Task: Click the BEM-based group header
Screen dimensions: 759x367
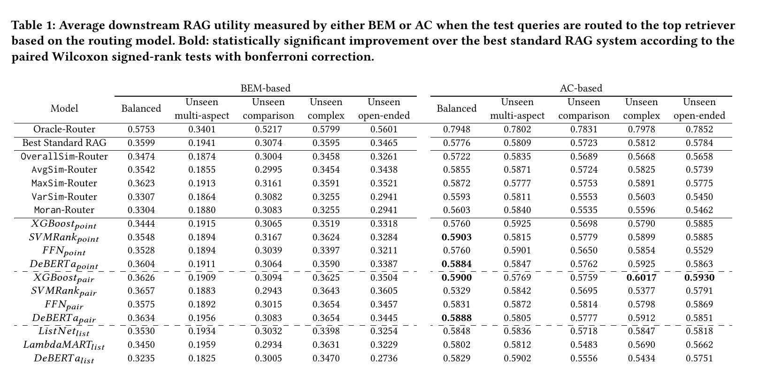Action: pyautogui.click(x=266, y=88)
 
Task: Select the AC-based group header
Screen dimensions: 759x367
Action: pyautogui.click(x=581, y=88)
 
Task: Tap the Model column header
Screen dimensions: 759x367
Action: pyautogui.click(x=64, y=108)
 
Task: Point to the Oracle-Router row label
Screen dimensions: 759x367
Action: pyautogui.click(x=64, y=129)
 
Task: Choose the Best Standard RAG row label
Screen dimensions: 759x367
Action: pyautogui.click(x=64, y=143)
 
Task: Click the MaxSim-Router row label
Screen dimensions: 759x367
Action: pyautogui.click(x=64, y=183)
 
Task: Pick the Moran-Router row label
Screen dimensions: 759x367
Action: pyautogui.click(x=64, y=210)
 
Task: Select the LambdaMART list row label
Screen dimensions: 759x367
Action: pyautogui.click(x=64, y=345)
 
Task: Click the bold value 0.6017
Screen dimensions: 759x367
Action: pyautogui.click(x=642, y=277)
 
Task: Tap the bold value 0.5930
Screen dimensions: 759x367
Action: pyautogui.click(x=699, y=277)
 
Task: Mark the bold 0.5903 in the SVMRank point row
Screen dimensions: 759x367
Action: pyautogui.click(x=456, y=237)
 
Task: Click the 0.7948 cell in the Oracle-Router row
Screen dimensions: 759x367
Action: pyautogui.click(x=456, y=129)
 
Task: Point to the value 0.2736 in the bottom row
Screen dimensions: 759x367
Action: pyautogui.click(x=384, y=358)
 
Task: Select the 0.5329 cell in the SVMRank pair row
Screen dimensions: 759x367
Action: pyautogui.click(x=456, y=291)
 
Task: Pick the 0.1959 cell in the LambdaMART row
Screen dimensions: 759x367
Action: pyautogui.click(x=202, y=344)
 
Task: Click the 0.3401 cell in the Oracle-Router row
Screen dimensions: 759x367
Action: pyautogui.click(x=202, y=129)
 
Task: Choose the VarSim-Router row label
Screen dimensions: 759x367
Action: pyautogui.click(x=64, y=197)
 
